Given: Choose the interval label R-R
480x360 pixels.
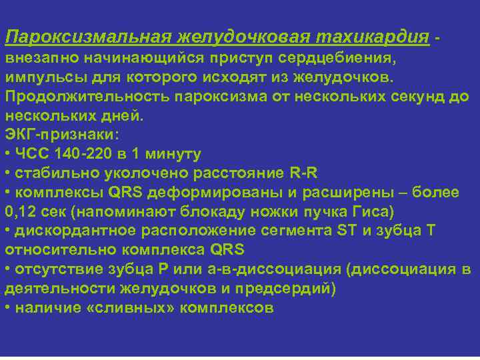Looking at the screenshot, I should point(303,173).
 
